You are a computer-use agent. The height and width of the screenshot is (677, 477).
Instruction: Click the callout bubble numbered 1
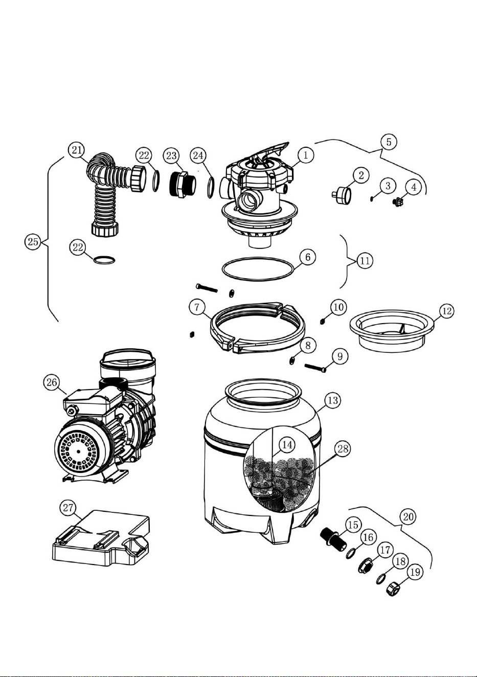pyautogui.click(x=306, y=155)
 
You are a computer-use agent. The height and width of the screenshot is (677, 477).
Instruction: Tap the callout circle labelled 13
pyautogui.click(x=333, y=400)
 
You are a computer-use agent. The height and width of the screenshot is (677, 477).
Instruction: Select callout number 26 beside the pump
pyautogui.click(x=52, y=382)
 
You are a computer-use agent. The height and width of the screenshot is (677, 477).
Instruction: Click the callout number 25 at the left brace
pyautogui.click(x=33, y=242)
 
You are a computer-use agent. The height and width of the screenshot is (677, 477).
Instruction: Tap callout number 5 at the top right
pyautogui.click(x=389, y=142)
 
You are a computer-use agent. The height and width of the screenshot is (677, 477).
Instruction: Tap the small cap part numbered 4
pyautogui.click(x=396, y=200)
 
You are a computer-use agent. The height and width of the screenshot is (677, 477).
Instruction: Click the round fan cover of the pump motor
pyautogui.click(x=78, y=451)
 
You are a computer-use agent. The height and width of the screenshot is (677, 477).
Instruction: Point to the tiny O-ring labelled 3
pyautogui.click(x=372, y=198)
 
